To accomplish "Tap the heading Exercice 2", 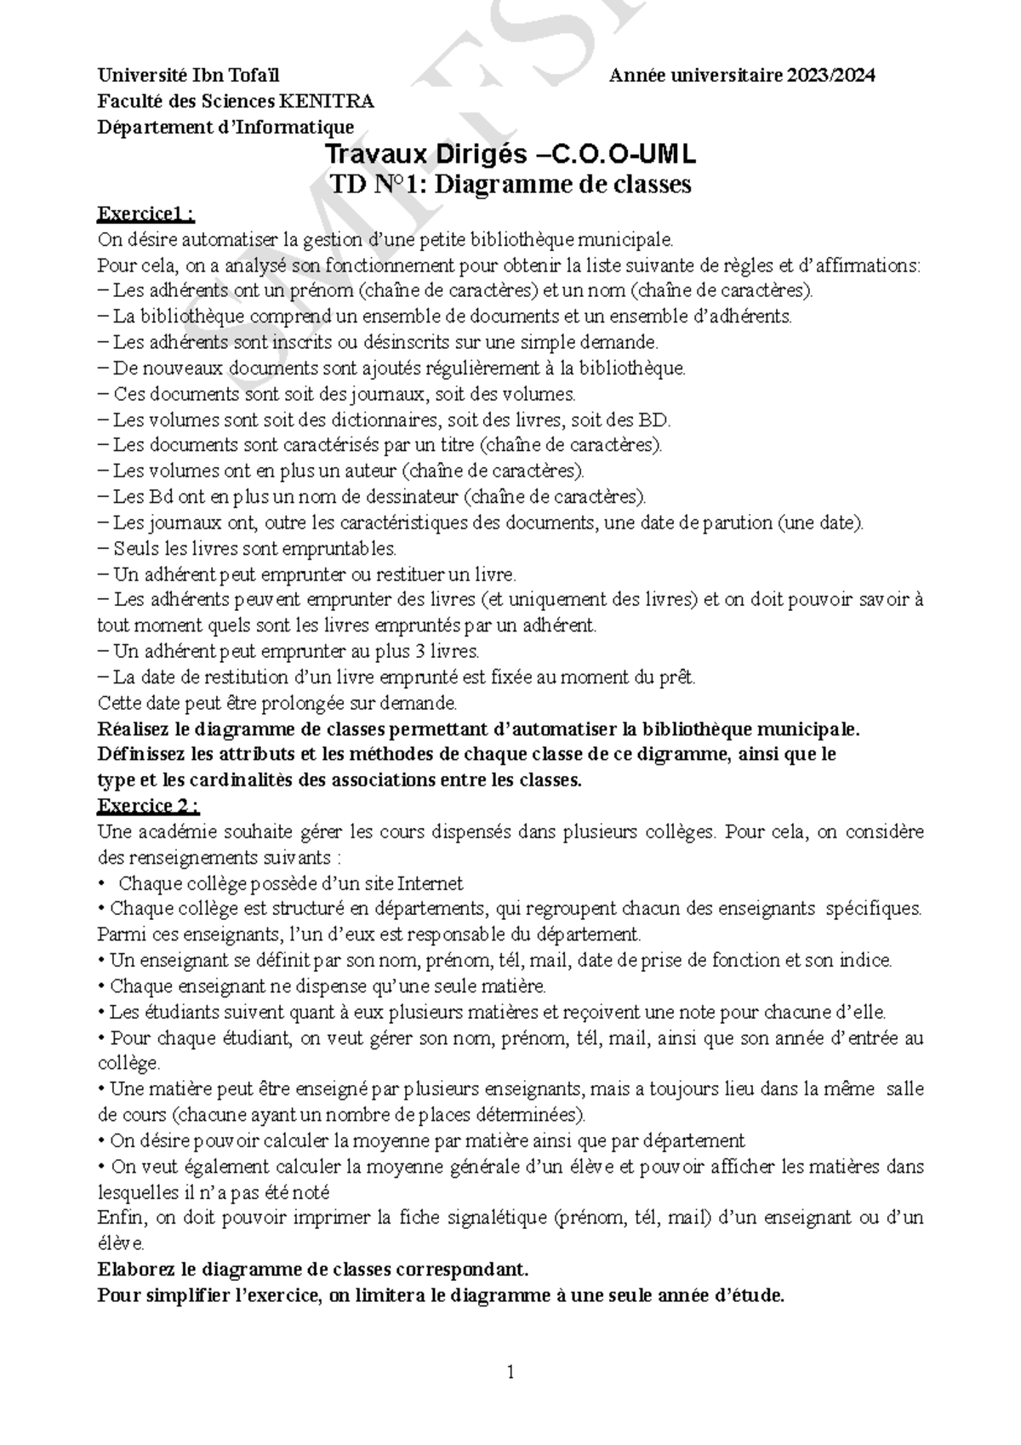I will (149, 805).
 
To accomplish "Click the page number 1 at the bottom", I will (510, 1372).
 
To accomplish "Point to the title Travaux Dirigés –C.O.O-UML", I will (510, 155).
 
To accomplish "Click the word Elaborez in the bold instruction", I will (136, 1271).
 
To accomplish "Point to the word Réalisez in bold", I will (134, 729).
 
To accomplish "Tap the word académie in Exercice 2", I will (185, 831).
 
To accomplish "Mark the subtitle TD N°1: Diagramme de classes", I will (510, 184).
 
